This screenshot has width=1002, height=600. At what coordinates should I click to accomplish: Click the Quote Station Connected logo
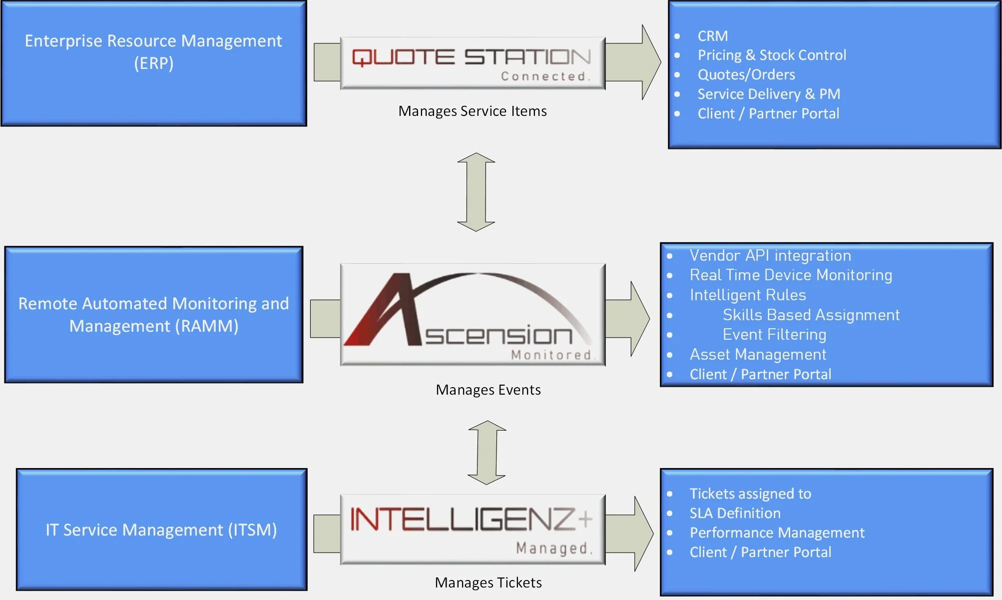pyautogui.click(x=473, y=63)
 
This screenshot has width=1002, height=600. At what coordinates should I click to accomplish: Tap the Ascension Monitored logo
pyautogui.click(x=473, y=315)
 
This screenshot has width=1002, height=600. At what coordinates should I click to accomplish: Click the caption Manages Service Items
pyautogui.click(x=472, y=111)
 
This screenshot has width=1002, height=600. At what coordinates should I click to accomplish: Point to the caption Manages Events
pyautogui.click(x=488, y=390)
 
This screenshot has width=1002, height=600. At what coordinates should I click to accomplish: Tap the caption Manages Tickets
pyautogui.click(x=488, y=583)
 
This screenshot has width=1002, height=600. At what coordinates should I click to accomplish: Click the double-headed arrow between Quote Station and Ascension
pyautogui.click(x=476, y=192)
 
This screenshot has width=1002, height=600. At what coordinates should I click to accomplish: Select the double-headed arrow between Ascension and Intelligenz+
pyautogui.click(x=487, y=453)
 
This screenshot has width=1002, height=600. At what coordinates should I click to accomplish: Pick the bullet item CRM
pyautogui.click(x=712, y=36)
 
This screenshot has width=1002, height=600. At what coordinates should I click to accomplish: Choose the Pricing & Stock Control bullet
pyautogui.click(x=772, y=55)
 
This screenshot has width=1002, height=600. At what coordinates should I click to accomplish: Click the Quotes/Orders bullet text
pyautogui.click(x=746, y=74)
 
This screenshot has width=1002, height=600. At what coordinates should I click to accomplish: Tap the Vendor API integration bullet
pyautogui.click(x=770, y=255)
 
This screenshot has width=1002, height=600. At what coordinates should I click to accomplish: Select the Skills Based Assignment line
pyautogui.click(x=811, y=315)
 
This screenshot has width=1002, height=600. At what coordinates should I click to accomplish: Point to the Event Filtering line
pyautogui.click(x=774, y=334)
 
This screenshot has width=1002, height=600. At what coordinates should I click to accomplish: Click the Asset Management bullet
pyautogui.click(x=758, y=354)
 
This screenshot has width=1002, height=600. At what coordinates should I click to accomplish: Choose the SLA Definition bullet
pyautogui.click(x=735, y=513)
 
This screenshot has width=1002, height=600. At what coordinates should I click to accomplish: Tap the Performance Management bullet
pyautogui.click(x=777, y=533)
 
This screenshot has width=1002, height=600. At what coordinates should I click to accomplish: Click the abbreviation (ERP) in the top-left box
pyautogui.click(x=153, y=63)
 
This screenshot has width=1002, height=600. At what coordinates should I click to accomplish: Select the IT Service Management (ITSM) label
pyautogui.click(x=161, y=530)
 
